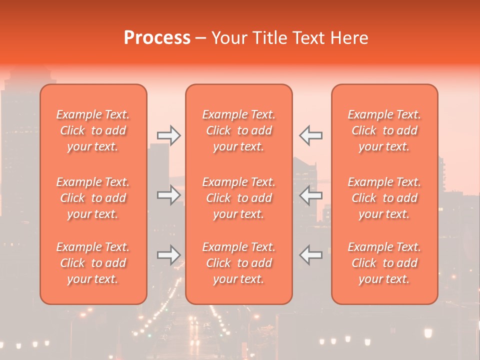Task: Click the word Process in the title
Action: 157,38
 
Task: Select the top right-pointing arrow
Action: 169,135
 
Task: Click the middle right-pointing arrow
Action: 169,195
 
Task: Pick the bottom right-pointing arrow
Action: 169,255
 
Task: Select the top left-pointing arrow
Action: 311,135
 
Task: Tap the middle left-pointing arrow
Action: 311,195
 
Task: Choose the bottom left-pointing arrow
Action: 311,255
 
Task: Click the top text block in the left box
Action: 93,130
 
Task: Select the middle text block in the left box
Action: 93,198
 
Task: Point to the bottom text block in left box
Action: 93,263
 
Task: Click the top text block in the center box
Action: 239,130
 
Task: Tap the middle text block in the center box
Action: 239,198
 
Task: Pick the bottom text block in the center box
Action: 239,263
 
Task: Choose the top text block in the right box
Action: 384,130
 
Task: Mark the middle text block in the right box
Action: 384,198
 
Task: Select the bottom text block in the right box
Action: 384,263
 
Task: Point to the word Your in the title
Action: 228,38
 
